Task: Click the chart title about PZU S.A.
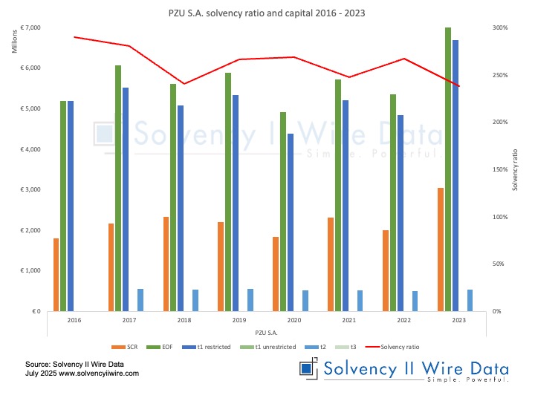[267, 13]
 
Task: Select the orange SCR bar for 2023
[441, 249]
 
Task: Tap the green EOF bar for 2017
[118, 188]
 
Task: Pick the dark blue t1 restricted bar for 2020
[291, 222]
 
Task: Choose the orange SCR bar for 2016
[56, 274]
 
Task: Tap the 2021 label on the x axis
[349, 320]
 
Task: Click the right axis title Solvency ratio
[515, 169]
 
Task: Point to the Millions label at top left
[14, 43]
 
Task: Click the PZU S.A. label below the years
[267, 332]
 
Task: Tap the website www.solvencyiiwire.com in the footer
[99, 374]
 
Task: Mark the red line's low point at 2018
[184, 83]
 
